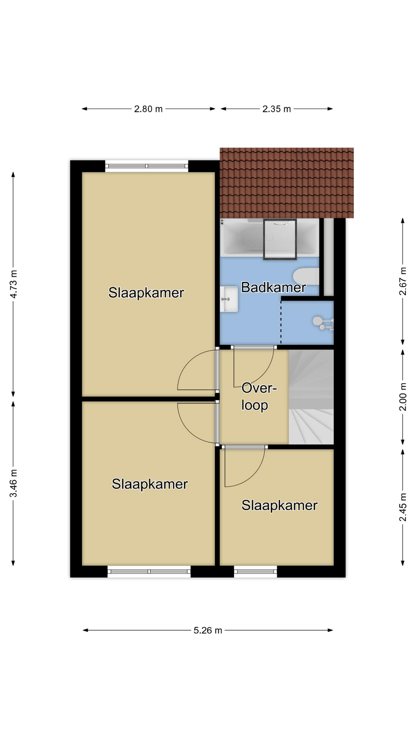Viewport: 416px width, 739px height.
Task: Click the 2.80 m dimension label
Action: (148, 109)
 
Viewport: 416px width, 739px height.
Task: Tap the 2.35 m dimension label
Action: (277, 109)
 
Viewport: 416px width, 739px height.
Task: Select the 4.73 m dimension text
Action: (13, 284)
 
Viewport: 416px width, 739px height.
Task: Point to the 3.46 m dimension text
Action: (13, 483)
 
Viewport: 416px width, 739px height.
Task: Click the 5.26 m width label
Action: (208, 630)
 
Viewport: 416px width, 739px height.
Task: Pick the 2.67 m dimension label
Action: (403, 281)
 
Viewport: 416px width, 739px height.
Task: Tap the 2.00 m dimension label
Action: (403, 397)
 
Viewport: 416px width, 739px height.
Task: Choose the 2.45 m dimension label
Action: (403, 507)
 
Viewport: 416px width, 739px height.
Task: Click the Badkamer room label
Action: (273, 287)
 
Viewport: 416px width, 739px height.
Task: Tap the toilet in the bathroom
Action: (306, 276)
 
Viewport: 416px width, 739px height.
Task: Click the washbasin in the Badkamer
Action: (229, 299)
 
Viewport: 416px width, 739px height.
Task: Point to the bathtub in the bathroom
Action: (270, 237)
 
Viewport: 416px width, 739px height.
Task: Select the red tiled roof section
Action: (287, 183)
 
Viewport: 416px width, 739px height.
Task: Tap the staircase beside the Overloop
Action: (311, 397)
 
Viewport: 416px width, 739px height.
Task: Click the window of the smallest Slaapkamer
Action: (255, 572)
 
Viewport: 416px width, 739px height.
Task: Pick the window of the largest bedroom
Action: (147, 166)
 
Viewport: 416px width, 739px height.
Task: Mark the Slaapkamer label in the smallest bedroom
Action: (279, 505)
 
